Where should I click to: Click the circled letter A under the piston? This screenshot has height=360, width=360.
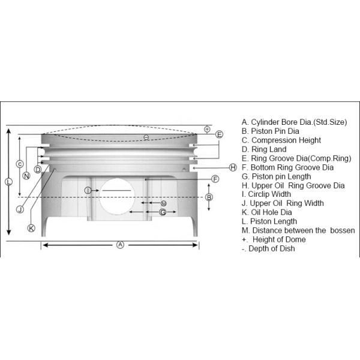(x=120, y=245)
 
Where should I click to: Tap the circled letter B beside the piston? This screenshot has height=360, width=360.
(x=209, y=197)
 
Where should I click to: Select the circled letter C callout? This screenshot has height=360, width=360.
(x=20, y=164)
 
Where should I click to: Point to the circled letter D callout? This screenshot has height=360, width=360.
(x=38, y=169)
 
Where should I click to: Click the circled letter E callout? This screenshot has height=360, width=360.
(x=219, y=134)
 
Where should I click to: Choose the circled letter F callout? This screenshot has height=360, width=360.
(x=215, y=179)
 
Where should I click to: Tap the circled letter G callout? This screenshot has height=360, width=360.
(x=163, y=212)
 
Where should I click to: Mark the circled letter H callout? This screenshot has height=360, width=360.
(x=233, y=167)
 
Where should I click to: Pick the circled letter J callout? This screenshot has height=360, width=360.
(x=20, y=209)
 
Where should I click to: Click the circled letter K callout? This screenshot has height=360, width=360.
(x=31, y=228)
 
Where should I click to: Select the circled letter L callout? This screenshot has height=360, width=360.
(x=9, y=182)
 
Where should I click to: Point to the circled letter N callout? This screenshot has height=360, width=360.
(x=26, y=176)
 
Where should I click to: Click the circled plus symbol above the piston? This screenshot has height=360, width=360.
(x=207, y=129)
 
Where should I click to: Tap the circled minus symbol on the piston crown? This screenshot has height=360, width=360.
(x=146, y=137)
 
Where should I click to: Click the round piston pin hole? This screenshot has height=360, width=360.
(x=117, y=197)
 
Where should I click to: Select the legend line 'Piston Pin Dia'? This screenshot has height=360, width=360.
(x=270, y=131)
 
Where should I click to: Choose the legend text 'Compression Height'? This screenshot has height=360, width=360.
(x=286, y=140)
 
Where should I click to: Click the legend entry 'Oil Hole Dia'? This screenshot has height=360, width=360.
(x=271, y=212)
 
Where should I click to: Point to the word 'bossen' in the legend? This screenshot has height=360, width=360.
(x=343, y=230)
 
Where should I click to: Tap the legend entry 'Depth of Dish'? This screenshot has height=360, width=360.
(x=272, y=248)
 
